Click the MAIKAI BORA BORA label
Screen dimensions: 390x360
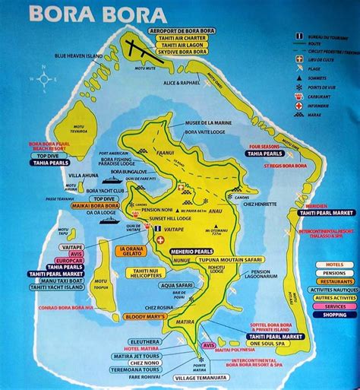91,205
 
